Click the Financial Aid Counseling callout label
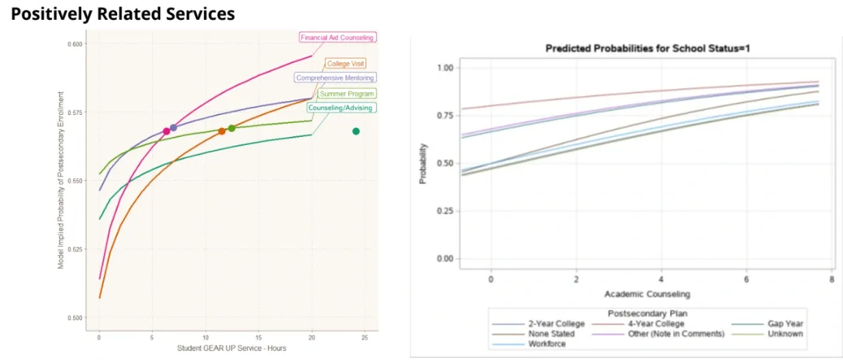tap(337, 38)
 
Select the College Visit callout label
tap(345, 64)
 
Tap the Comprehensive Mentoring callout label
tap(335, 78)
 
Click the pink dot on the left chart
tap(166, 131)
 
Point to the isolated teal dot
tap(356, 131)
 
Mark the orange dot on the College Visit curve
tap(222, 131)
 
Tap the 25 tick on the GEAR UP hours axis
tap(364, 338)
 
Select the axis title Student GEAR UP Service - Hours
tap(231, 348)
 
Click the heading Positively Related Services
tap(122, 14)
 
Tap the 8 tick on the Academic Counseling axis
tap(831, 281)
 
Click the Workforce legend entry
tap(546, 344)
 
